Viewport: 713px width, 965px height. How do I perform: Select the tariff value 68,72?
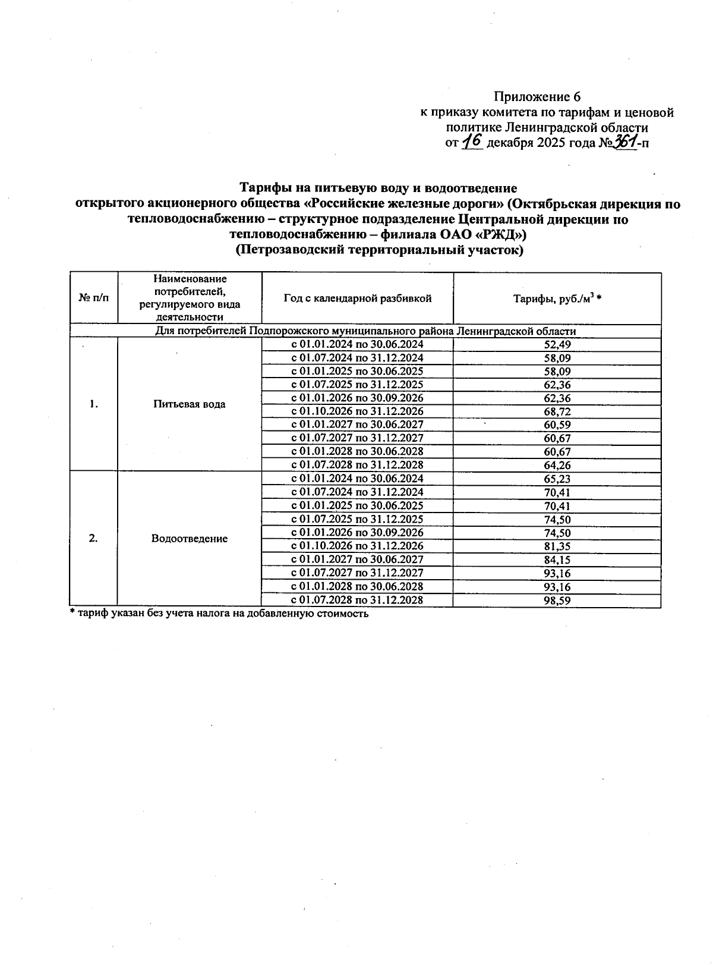pos(557,411)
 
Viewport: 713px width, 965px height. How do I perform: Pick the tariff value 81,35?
pos(557,546)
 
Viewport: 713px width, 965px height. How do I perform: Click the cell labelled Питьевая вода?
pos(190,404)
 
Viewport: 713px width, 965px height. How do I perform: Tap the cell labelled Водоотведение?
pos(190,539)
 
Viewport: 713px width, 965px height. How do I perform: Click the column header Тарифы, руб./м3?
pos(557,299)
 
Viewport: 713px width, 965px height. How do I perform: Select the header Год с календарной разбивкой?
pos(357,298)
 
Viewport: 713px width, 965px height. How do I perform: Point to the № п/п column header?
pos(94,298)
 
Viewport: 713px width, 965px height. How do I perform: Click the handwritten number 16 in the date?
pos(473,142)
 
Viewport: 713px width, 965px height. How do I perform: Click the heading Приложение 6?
pos(537,97)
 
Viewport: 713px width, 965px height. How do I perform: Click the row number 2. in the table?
pos(93,539)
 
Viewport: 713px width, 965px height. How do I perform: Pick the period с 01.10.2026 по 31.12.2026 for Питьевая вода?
pos(357,411)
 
